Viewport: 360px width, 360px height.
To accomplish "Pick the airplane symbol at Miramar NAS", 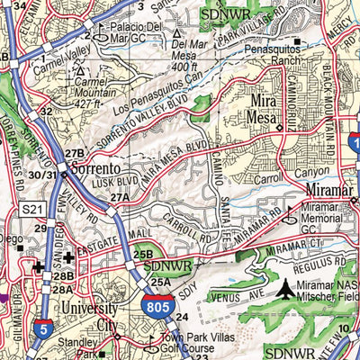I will coord(286,290).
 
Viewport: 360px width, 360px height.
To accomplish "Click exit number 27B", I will coord(75,154).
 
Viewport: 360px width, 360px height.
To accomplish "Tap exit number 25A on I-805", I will coord(159,283).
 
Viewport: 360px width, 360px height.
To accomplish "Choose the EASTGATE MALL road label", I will coord(103,233).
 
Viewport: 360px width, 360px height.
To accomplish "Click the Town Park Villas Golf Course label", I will coord(166,343).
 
